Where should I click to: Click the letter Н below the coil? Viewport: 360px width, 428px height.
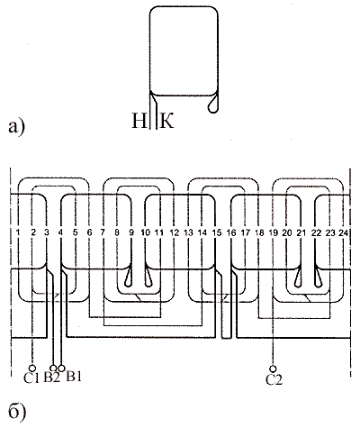pyautogui.click(x=139, y=121)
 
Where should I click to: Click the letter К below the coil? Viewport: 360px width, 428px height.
pyautogui.click(x=166, y=121)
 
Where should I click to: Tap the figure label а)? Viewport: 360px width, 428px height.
pyautogui.click(x=17, y=127)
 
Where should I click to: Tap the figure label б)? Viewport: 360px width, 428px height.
pyautogui.click(x=17, y=412)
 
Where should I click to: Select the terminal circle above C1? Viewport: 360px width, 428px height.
pyautogui.click(x=31, y=369)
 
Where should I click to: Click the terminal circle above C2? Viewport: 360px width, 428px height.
pyautogui.click(x=273, y=369)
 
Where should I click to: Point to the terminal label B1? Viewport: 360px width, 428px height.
pyautogui.click(x=74, y=377)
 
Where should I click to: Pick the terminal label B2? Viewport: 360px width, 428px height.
pyautogui.click(x=51, y=378)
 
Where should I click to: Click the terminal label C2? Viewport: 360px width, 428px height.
pyautogui.click(x=274, y=379)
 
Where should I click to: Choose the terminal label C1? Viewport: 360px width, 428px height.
pyautogui.click(x=31, y=378)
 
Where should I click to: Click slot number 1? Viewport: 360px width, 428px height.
pyautogui.click(x=18, y=232)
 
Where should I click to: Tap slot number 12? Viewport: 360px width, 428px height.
pyautogui.click(x=175, y=232)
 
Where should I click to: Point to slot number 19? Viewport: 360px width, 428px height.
pyautogui.click(x=274, y=232)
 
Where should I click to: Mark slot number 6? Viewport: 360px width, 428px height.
pyautogui.click(x=89, y=232)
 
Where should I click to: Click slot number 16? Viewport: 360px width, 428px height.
pyautogui.click(x=231, y=232)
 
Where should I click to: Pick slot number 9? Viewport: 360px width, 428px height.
pyautogui.click(x=131, y=232)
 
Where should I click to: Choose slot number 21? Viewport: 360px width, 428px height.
pyautogui.click(x=301, y=232)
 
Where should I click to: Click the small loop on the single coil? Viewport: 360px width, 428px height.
pyautogui.click(x=213, y=105)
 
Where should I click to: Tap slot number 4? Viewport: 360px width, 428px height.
pyautogui.click(x=61, y=232)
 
